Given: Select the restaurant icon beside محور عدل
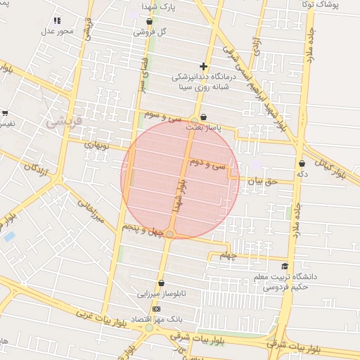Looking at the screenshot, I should coord(57,21).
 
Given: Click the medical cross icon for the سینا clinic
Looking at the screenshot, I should coord(203,66).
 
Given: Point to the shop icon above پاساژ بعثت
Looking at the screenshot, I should coord(203,117).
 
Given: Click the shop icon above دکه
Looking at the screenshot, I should coord(302,163).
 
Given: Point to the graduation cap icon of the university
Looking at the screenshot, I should coord(285,266).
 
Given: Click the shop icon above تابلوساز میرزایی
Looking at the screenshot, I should coord(161,283).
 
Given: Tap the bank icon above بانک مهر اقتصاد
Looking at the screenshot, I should coord(155,309).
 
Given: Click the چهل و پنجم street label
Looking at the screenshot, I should coord(144,229).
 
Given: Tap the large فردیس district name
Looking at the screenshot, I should coord(64,121).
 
